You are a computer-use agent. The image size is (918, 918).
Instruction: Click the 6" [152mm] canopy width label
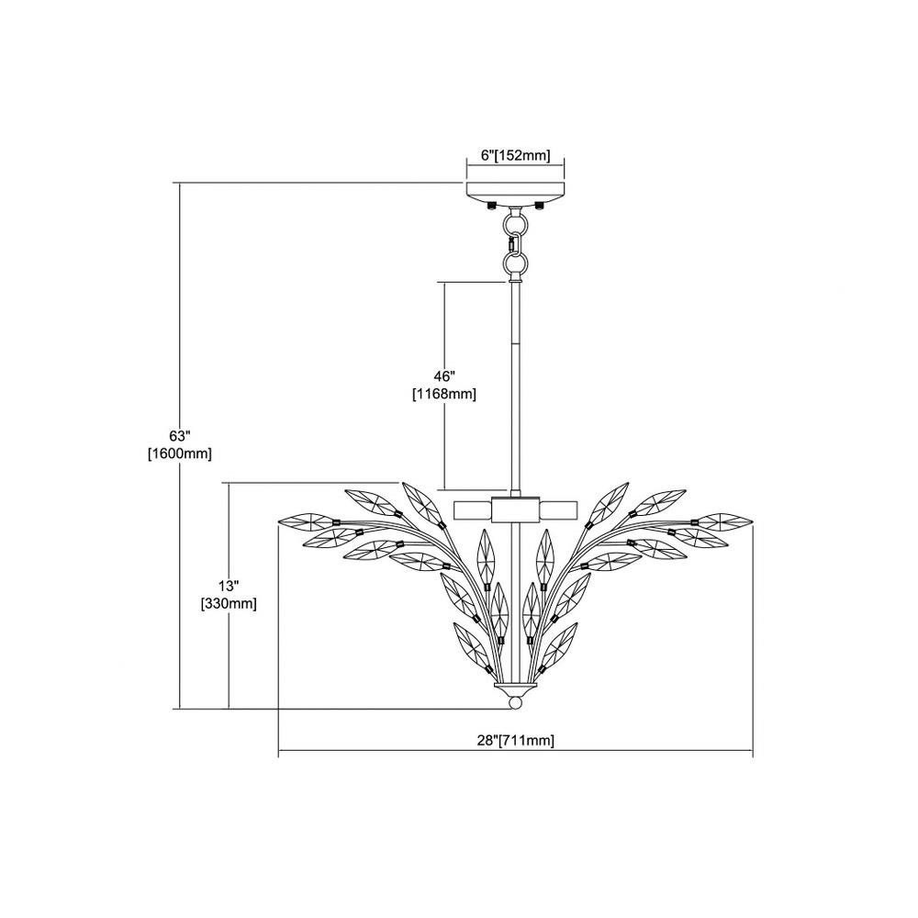tap(515, 156)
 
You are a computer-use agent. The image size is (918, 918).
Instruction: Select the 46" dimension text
tap(445, 375)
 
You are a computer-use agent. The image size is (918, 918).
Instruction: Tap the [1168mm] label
tap(444, 395)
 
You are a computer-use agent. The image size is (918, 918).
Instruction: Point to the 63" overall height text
tap(180, 435)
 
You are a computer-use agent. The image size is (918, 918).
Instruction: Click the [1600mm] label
tap(180, 453)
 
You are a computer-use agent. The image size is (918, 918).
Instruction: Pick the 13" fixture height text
tap(229, 586)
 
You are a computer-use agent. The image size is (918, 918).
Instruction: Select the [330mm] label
tap(229, 604)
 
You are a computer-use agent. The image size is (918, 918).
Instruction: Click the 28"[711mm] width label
tap(515, 741)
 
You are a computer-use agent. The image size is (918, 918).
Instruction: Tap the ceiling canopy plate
tap(515, 192)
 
